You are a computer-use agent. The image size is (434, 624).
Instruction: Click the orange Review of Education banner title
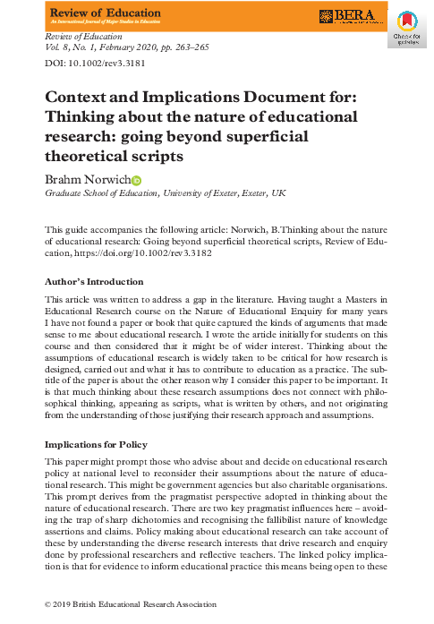tap(106, 13)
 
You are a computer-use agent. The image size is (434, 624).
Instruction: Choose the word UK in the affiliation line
tap(279, 193)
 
